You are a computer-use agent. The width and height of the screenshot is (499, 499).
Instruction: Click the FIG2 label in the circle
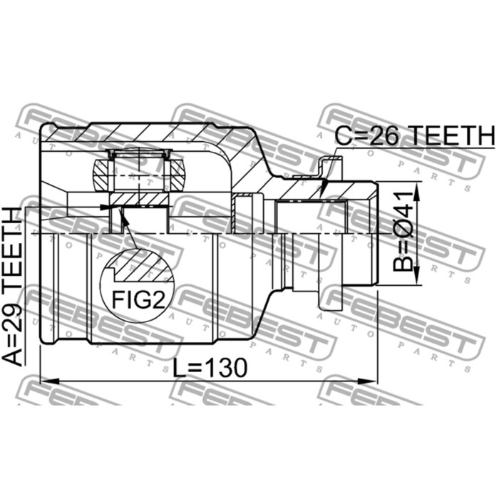(139, 299)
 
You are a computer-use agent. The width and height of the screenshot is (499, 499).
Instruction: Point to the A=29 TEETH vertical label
(15, 287)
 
